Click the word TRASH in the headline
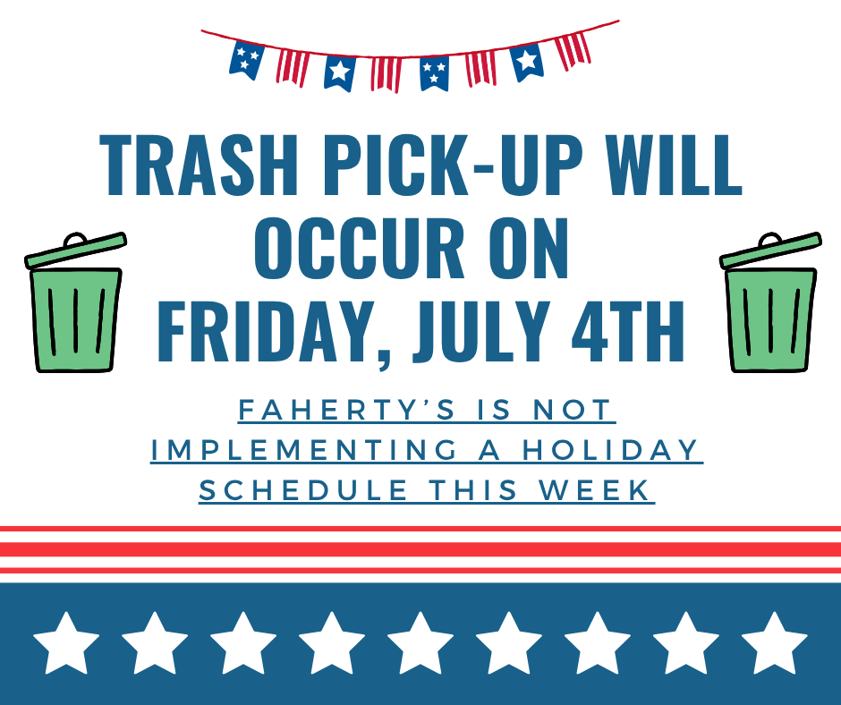199,166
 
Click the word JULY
481,332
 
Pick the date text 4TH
627,332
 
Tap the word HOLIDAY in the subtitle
610,450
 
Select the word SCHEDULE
303,490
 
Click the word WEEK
594,490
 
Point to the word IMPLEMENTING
304,450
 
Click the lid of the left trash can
76,249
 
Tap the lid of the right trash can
770,249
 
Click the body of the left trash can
76,319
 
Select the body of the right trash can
770,319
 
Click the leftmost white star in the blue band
66,643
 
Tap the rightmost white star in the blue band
775,643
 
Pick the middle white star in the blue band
420,643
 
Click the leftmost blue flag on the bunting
246,60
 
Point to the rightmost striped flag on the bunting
573,50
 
